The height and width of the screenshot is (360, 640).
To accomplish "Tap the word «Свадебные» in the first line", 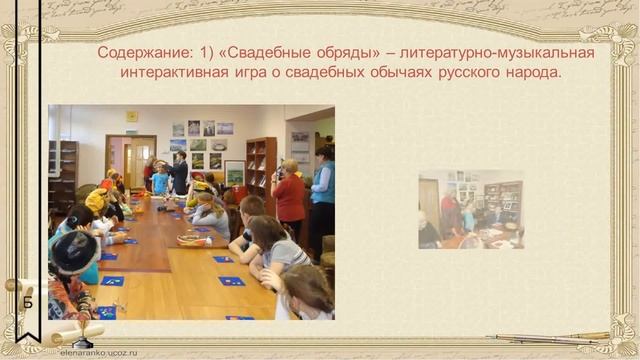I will (264, 52).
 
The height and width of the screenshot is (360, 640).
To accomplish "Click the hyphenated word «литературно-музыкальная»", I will (495, 52).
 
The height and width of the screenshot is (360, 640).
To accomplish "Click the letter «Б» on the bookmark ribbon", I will (29, 303).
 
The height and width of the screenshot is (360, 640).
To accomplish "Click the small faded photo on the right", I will (471, 208).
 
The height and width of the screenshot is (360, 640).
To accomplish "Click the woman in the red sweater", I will (290, 196).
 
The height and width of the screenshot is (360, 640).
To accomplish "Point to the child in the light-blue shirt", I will (160, 180).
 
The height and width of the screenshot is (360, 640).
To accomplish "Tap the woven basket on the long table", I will (188, 240).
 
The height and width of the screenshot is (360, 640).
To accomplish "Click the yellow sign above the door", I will (132, 117).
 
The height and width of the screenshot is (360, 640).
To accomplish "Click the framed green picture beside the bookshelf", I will (235, 172).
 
